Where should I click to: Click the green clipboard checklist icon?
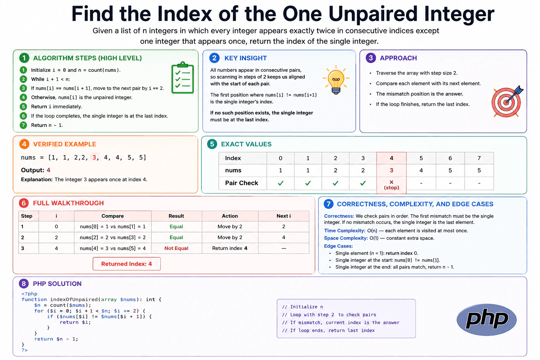click(x=182, y=78)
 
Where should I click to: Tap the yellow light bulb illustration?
click(x=336, y=79)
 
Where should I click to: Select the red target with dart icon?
click(x=507, y=102)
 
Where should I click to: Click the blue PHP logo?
click(x=487, y=320)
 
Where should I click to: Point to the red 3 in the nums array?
click(x=94, y=157)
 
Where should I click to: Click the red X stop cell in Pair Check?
click(x=391, y=185)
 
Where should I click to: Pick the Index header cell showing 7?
click(x=479, y=158)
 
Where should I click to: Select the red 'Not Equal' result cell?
click(x=176, y=248)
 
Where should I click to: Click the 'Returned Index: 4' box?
click(x=127, y=264)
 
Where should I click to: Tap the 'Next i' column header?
click(x=283, y=216)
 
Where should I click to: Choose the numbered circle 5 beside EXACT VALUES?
click(x=212, y=144)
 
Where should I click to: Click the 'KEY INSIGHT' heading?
click(x=245, y=58)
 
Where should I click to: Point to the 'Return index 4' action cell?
click(x=230, y=248)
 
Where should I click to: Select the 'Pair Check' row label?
click(x=242, y=183)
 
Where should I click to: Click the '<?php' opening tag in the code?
click(x=30, y=294)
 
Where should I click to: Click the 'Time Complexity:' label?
click(x=345, y=231)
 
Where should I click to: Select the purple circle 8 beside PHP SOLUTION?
click(x=24, y=284)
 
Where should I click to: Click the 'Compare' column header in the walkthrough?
click(x=112, y=216)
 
